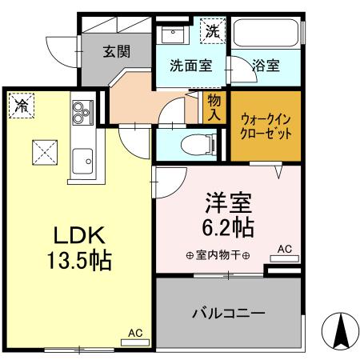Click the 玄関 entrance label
click(116, 51)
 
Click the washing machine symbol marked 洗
click(212, 30)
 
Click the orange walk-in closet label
click(266, 126)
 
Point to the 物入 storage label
click(214, 106)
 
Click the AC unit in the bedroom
click(285, 254)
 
